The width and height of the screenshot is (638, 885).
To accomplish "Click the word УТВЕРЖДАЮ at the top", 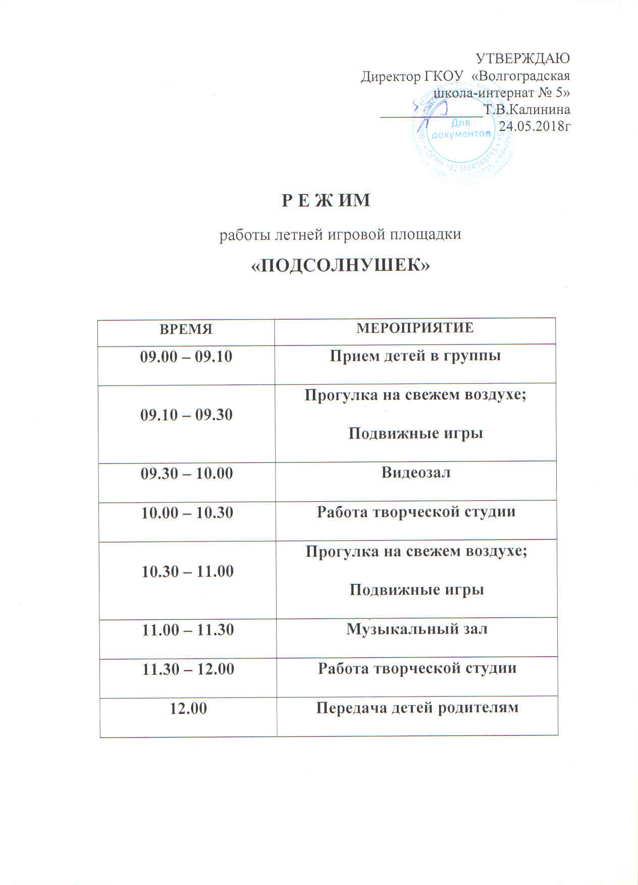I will click(x=523, y=58).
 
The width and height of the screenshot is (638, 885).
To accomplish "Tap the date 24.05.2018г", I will click(x=535, y=126).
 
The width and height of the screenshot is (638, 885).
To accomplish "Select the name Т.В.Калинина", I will click(x=527, y=110).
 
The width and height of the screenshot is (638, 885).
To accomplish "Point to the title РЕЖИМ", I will click(x=326, y=201).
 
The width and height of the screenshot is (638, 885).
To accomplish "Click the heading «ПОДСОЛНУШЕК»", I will click(x=340, y=264).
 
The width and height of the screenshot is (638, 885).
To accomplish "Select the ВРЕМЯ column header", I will click(x=186, y=329).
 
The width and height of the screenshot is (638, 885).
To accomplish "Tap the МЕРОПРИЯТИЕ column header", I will click(x=415, y=327).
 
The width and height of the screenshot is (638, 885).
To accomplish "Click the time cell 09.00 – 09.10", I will click(x=186, y=357).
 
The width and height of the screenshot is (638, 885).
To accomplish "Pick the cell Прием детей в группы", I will click(x=415, y=356).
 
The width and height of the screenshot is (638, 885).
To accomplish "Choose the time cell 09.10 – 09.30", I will click(x=186, y=415).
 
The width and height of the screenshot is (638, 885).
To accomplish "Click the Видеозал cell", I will click(x=416, y=472).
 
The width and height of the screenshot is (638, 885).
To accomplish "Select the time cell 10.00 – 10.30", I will click(x=187, y=513).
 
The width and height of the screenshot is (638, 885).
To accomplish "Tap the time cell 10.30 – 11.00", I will click(x=187, y=571).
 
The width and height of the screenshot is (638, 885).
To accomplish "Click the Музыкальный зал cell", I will click(x=416, y=629).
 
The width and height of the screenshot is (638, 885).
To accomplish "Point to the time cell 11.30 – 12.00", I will click(x=188, y=669).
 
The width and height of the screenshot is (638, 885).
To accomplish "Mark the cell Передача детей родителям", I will click(x=417, y=708).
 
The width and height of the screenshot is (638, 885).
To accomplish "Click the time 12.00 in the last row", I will click(x=188, y=708).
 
